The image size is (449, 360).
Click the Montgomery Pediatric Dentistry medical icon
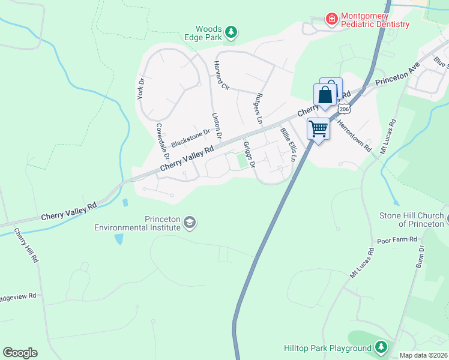(x=331, y=19)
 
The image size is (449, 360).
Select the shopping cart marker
(x=318, y=128)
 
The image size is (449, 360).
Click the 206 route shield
(x=343, y=109)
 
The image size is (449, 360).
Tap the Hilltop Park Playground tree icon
(x=381, y=347)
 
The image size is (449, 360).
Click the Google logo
(x=20, y=353)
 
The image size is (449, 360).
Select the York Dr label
(x=142, y=89)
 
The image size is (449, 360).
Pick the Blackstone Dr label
(x=190, y=139)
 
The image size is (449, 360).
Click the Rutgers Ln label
(x=259, y=107)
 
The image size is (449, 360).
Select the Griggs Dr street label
(x=250, y=155)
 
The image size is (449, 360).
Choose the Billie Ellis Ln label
(x=288, y=144)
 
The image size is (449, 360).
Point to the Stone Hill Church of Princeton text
(x=411, y=220)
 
